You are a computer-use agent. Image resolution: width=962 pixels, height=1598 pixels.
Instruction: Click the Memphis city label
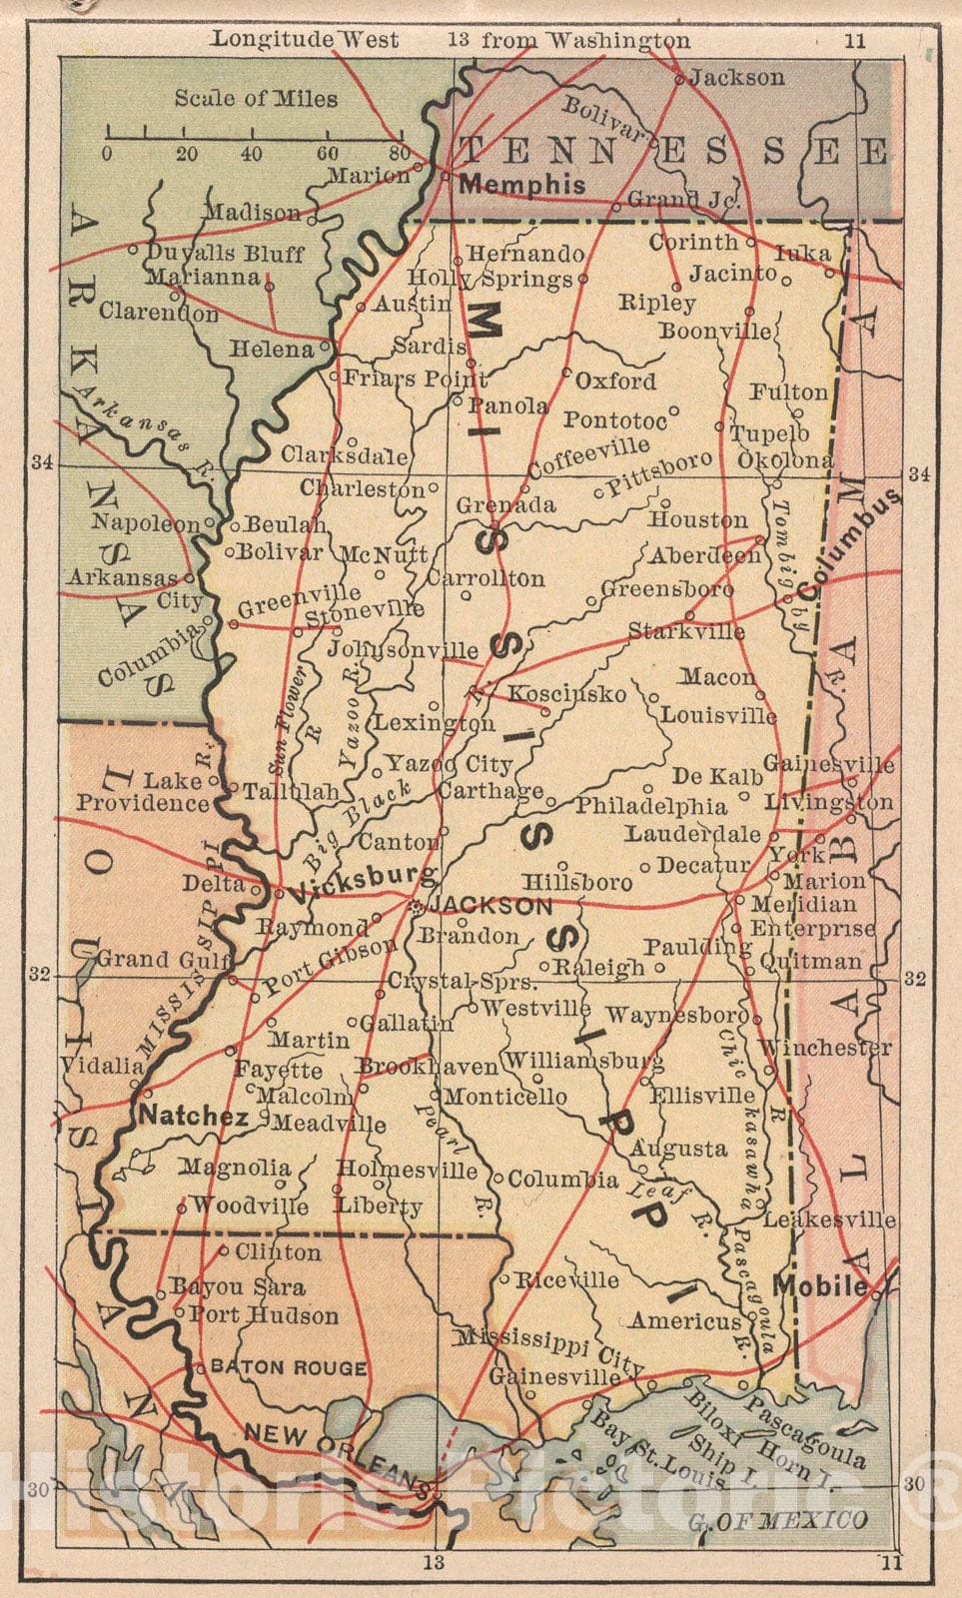pos(521,184)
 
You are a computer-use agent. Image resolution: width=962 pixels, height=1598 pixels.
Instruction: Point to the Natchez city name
pos(193,1117)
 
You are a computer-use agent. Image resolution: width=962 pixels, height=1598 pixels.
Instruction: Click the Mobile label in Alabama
pos(821,1285)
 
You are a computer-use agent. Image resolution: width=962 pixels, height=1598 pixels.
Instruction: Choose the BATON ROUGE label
pos(289,1367)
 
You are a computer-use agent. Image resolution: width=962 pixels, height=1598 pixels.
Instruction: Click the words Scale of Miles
pos(256,98)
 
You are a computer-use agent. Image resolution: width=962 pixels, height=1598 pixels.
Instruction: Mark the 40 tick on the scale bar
pos(252,154)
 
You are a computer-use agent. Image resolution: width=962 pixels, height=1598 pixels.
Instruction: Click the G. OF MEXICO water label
pos(777,1521)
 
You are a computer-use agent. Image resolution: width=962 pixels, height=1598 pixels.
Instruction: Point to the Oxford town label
pos(615,381)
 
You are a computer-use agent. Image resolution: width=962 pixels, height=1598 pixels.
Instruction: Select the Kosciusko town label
pos(567,693)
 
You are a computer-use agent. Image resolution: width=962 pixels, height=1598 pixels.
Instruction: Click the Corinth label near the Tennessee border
pos(693,242)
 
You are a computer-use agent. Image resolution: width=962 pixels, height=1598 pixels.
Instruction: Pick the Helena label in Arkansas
pos(271,350)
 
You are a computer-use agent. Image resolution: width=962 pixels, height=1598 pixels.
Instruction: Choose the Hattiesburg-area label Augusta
pos(678,1149)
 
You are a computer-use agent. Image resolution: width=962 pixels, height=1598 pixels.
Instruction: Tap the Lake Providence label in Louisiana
pos(143,792)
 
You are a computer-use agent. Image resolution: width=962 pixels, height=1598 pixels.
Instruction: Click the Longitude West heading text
pos(305,40)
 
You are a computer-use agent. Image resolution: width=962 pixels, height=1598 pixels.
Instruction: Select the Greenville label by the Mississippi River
pos(300,600)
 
